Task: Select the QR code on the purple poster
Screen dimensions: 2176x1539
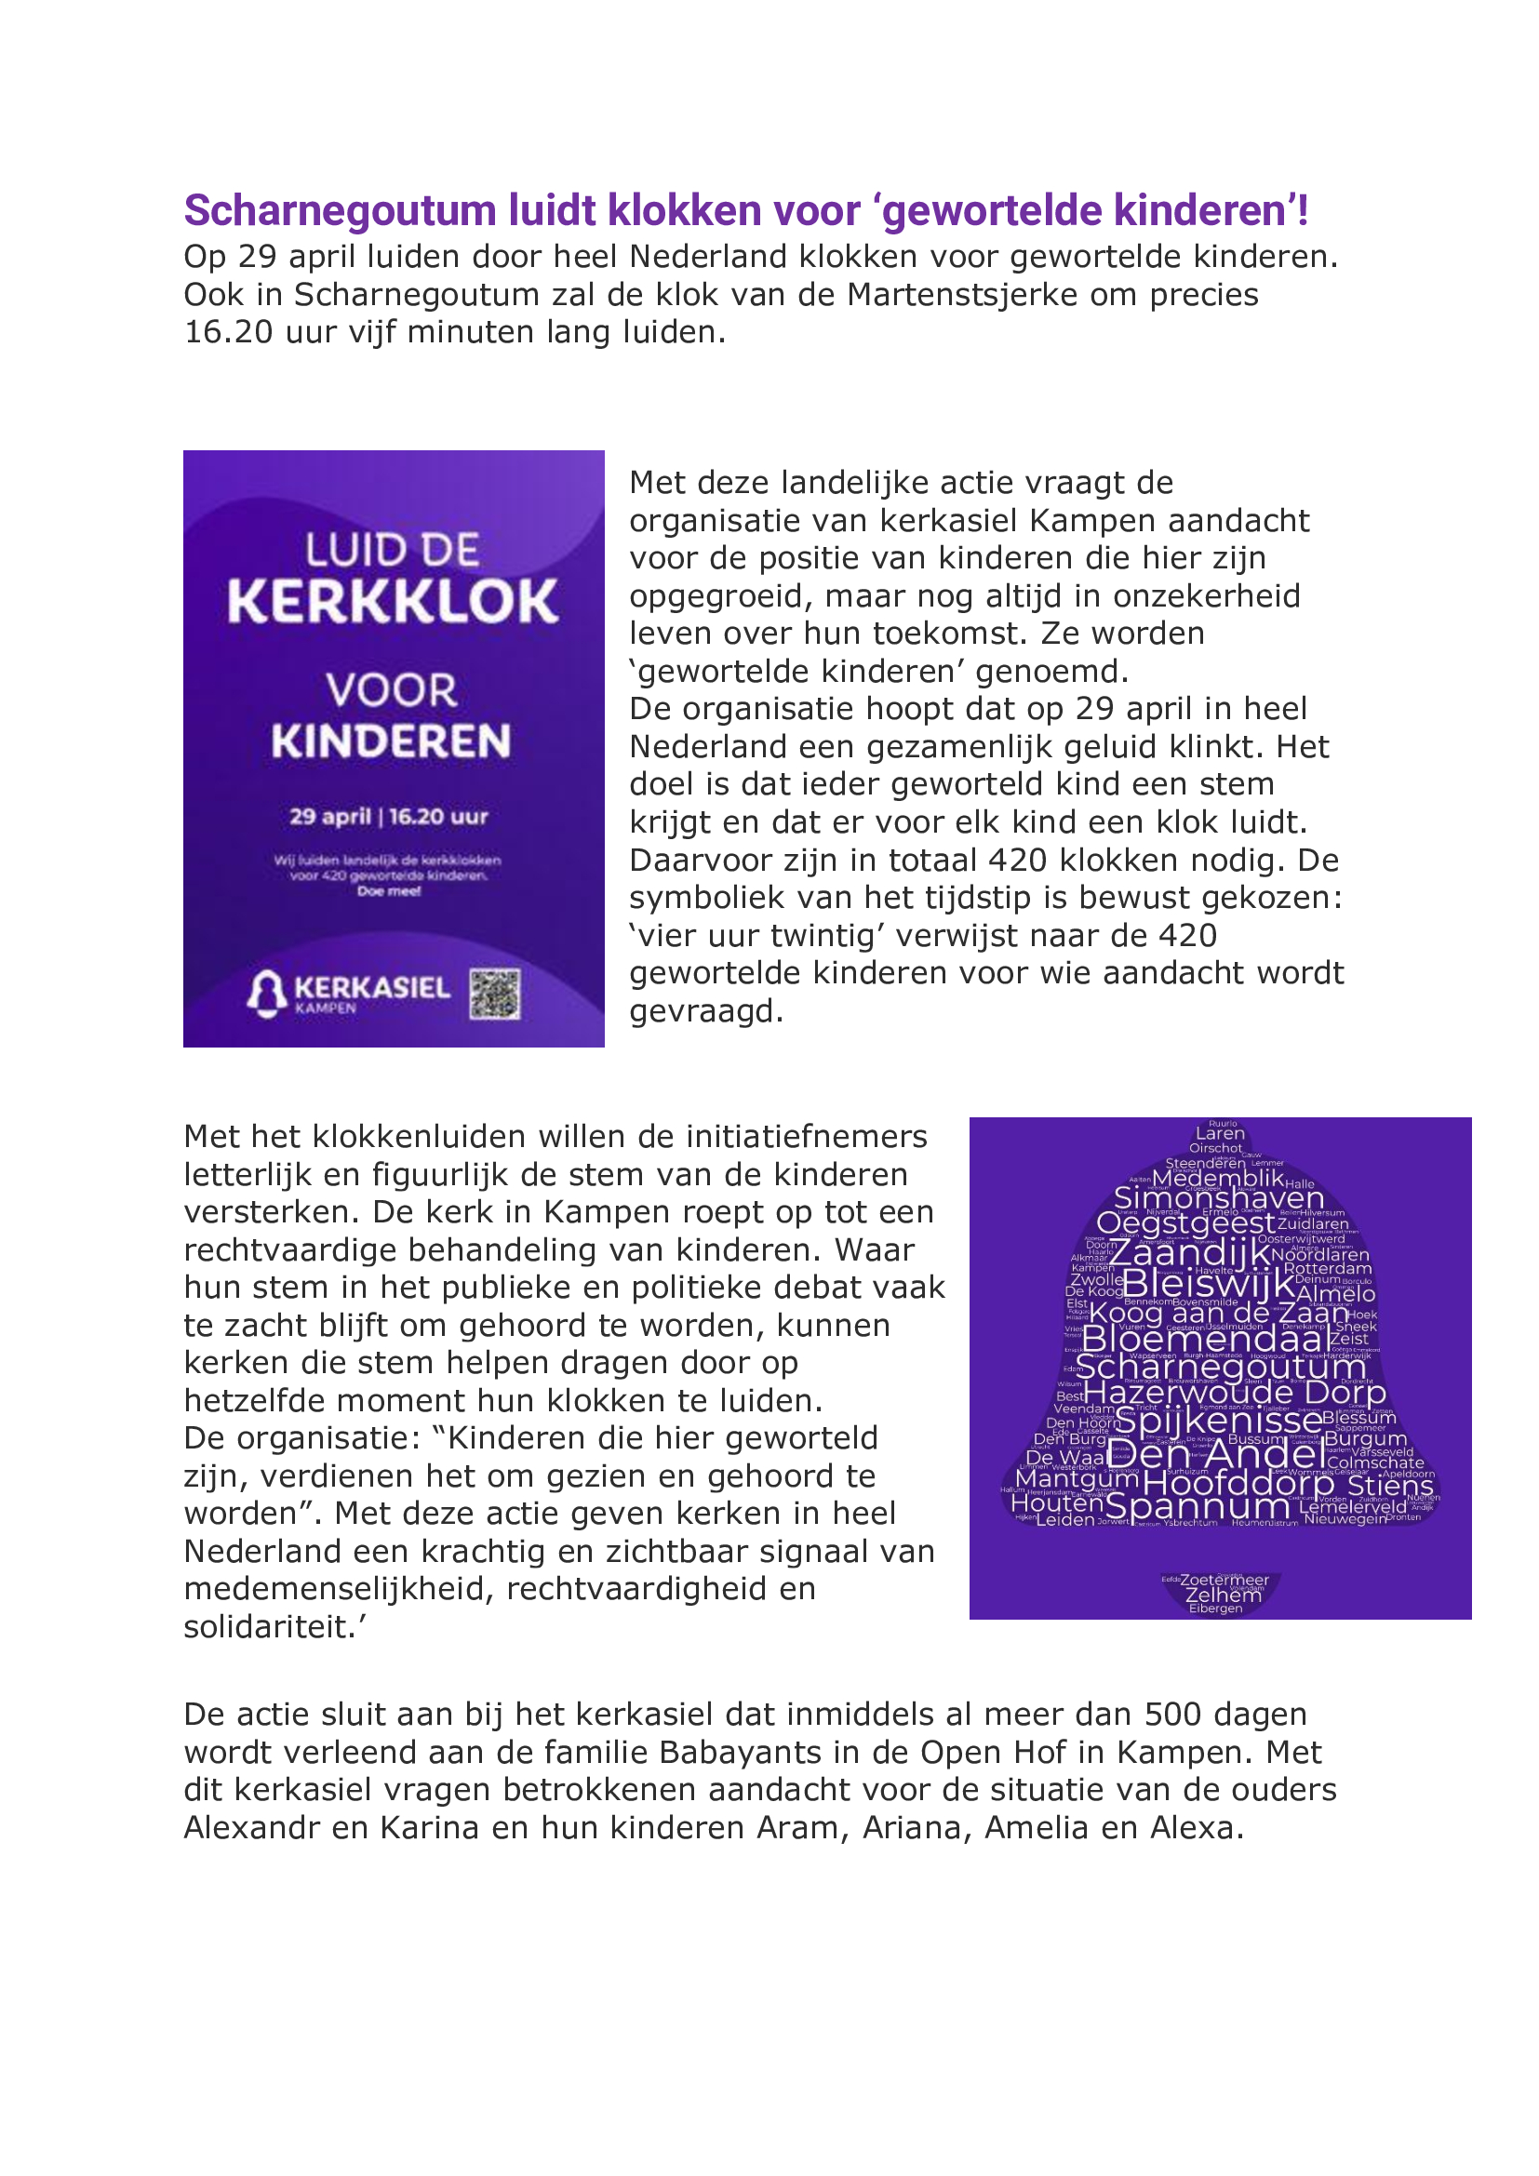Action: (495, 995)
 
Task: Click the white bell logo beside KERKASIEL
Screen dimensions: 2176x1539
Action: (267, 993)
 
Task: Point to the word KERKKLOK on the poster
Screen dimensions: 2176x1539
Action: (393, 602)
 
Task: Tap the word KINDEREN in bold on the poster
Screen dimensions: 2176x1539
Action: (392, 741)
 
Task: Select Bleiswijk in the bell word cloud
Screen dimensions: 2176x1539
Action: (1209, 1284)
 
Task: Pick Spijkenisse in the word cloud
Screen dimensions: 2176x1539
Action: (1220, 1421)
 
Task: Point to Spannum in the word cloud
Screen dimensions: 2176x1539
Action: (1197, 1506)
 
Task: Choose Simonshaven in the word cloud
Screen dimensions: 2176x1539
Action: (1218, 1198)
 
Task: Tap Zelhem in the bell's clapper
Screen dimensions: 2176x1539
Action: (1224, 1595)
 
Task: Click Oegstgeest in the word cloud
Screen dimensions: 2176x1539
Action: (1185, 1223)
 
